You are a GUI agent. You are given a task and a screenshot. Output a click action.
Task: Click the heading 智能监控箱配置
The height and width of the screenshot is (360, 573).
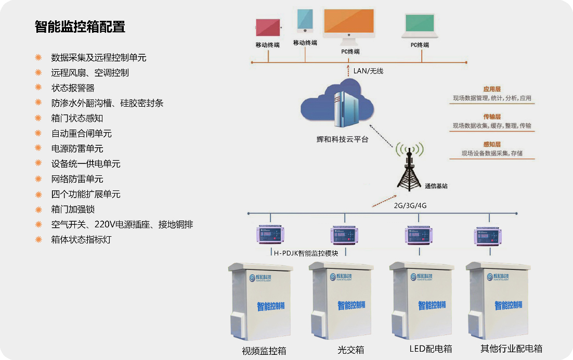pos(80,27)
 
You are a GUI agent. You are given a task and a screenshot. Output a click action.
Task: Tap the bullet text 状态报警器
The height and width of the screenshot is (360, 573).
pos(73,88)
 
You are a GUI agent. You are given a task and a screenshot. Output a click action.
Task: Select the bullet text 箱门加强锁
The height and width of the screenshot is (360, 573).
pos(73,209)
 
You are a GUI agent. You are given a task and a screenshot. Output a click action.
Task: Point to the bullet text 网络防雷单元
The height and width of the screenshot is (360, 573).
pos(77,179)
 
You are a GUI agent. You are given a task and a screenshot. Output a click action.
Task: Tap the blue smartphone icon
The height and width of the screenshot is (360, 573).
pos(305,21)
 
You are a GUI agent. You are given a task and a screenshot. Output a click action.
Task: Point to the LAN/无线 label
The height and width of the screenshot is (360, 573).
pos(368,71)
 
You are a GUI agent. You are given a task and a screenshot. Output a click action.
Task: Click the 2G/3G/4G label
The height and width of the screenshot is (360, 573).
pos(410,205)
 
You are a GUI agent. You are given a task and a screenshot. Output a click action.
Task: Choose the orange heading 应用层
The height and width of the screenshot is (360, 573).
pos(491,89)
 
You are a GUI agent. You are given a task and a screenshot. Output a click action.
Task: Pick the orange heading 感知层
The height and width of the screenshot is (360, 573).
pos(491,144)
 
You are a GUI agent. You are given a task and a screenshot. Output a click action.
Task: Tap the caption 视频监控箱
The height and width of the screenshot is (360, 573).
pos(264,350)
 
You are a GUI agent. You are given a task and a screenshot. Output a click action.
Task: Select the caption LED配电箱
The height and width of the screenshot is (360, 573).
pos(431,349)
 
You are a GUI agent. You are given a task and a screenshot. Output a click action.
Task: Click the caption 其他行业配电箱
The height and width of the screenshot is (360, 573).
pos(511,349)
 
